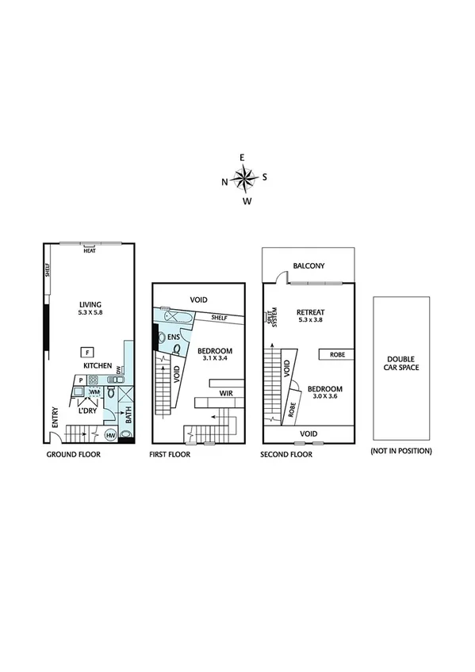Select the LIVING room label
tap(90, 304)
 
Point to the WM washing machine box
tap(94, 392)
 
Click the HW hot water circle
tap(110, 435)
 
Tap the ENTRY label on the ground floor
tap(56, 418)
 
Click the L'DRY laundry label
tap(86, 410)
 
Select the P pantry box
tap(80, 380)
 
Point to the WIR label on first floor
tap(226, 391)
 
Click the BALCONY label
tap(309, 266)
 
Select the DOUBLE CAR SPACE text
tap(401, 363)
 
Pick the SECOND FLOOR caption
tap(286, 455)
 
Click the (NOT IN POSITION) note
tap(400, 451)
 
